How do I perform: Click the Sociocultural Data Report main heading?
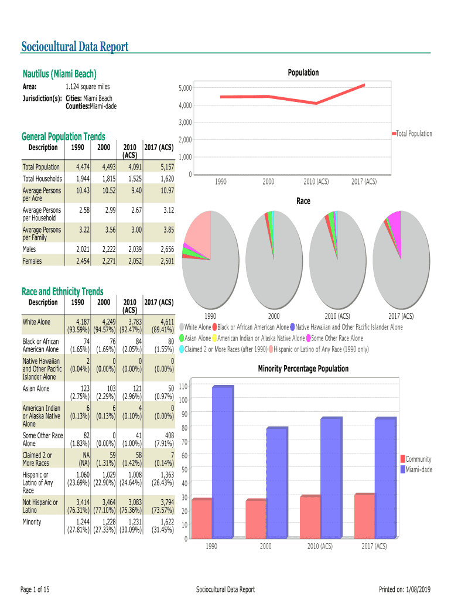click(75, 47)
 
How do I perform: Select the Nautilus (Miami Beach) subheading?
click(59, 74)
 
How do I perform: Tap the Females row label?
click(32, 261)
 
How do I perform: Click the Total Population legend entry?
click(414, 134)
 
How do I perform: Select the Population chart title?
click(303, 73)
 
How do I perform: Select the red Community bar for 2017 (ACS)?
click(364, 516)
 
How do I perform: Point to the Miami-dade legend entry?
click(419, 469)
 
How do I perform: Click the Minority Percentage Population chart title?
click(303, 369)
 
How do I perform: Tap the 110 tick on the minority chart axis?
click(183, 386)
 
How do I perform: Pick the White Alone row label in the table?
click(36, 322)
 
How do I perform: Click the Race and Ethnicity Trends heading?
click(62, 291)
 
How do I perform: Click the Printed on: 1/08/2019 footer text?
click(405, 589)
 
